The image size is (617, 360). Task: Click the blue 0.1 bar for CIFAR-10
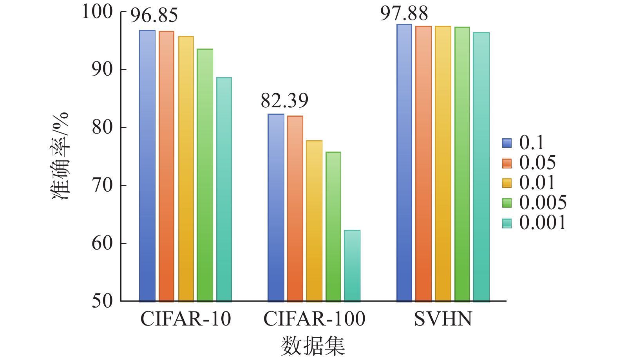pyautogui.click(x=147, y=166)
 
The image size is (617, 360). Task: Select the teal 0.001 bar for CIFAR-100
pyautogui.click(x=352, y=266)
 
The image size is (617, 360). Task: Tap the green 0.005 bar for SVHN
pyautogui.click(x=462, y=165)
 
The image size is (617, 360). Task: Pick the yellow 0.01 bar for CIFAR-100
pyautogui.click(x=314, y=221)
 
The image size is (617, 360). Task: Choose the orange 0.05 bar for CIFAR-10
pyautogui.click(x=166, y=166)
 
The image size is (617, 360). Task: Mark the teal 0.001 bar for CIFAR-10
pyautogui.click(x=224, y=190)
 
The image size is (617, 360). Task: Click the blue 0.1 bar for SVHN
pyautogui.click(x=404, y=163)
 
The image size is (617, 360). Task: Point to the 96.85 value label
pyautogui.click(x=154, y=16)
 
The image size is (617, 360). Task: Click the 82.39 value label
pyautogui.click(x=284, y=101)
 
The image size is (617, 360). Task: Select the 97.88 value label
pyautogui.click(x=404, y=13)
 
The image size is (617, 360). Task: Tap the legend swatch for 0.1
pyautogui.click(x=507, y=143)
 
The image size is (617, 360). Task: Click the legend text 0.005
pyautogui.click(x=543, y=203)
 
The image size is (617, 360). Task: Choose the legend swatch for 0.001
pyautogui.click(x=507, y=223)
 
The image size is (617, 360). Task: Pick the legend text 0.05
pyautogui.click(x=537, y=162)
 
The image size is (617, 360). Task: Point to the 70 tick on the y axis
pyautogui.click(x=102, y=185)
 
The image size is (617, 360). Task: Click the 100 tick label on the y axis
pyautogui.click(x=98, y=12)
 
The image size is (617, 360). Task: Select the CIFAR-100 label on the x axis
pyautogui.click(x=314, y=319)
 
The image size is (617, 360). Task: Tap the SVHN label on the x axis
pyautogui.click(x=443, y=319)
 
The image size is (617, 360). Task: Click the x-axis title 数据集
pyautogui.click(x=313, y=346)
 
